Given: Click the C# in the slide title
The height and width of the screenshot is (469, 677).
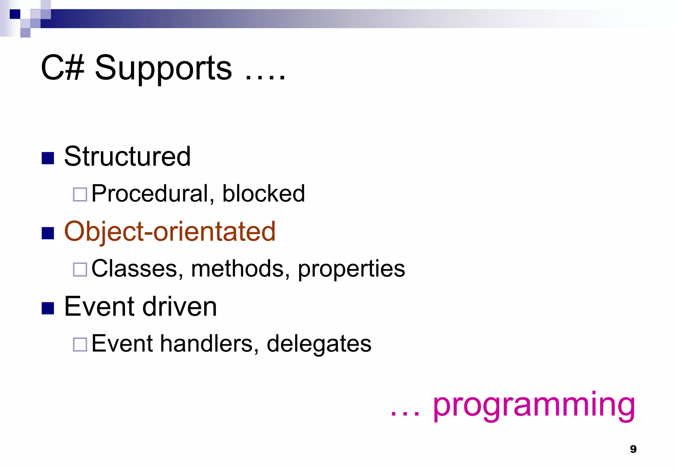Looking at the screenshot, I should click(x=62, y=68).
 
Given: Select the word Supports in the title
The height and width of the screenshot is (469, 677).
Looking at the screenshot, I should click(x=163, y=68).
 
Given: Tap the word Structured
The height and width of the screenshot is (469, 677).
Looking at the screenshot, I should click(x=127, y=156).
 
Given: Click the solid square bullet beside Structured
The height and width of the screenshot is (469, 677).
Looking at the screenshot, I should click(x=48, y=158).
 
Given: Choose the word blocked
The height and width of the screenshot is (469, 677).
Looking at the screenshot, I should click(x=263, y=193).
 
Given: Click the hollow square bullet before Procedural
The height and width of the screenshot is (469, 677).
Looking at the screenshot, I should click(x=80, y=194).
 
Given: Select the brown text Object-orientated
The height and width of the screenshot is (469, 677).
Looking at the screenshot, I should click(x=170, y=231).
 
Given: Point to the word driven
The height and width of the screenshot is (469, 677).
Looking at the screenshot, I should click(x=179, y=307).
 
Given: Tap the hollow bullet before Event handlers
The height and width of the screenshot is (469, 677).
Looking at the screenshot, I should click(x=80, y=344).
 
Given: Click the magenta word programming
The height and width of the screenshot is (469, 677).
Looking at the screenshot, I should click(x=534, y=406).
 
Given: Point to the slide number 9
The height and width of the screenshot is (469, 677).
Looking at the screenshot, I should click(x=633, y=449).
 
